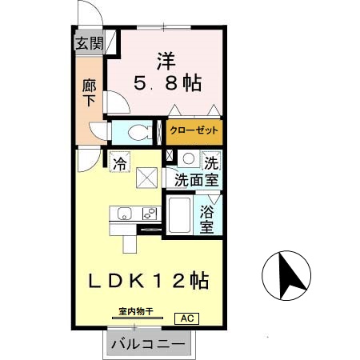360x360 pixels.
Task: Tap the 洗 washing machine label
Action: (210, 160)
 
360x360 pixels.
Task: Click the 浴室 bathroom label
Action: (206, 221)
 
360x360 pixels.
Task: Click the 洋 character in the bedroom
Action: (166, 58)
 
